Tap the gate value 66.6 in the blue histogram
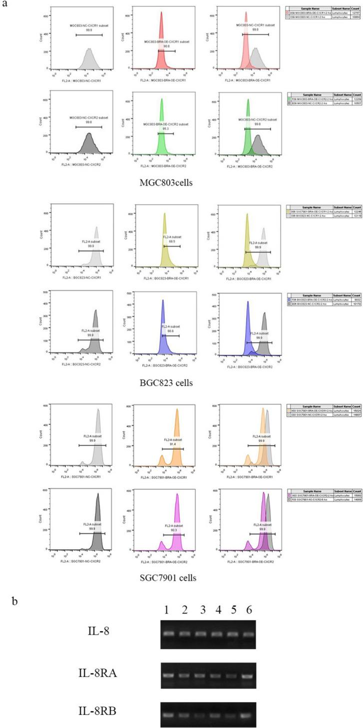click(x=170, y=317)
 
